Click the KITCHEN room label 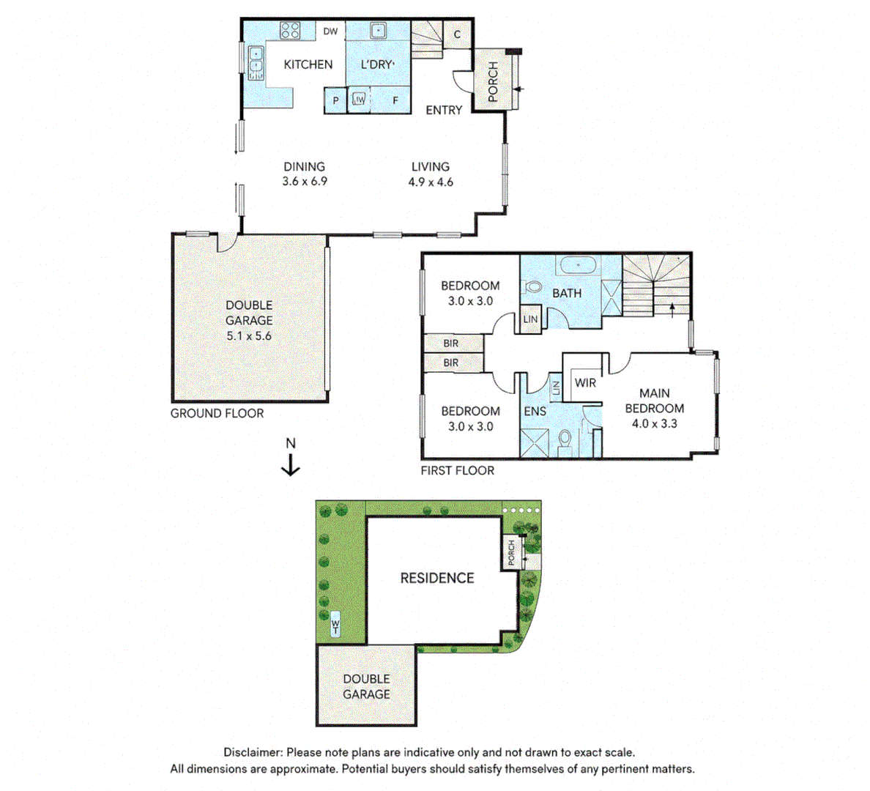point(308,64)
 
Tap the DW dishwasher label point(330,31)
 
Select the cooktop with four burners point(289,30)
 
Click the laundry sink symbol point(379,30)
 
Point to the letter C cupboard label point(457,34)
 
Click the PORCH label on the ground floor point(493,81)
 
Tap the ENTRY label point(444,110)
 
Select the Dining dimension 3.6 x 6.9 point(305,181)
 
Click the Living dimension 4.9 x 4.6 point(431,182)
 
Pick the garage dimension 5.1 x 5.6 point(248,335)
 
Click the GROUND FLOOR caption point(217,413)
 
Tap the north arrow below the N point(290,465)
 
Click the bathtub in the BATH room point(578,265)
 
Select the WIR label point(585,382)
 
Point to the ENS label point(535,412)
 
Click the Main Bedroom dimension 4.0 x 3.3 point(654,423)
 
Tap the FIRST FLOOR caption point(457,470)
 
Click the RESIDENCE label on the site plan point(437,578)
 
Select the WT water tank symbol point(335,624)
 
